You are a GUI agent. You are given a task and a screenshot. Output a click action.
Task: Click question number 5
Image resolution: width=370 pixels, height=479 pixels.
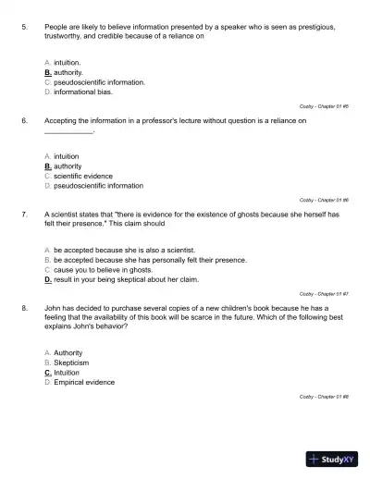click(x=23, y=28)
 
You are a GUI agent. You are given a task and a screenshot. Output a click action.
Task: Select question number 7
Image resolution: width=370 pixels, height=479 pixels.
click(x=23, y=215)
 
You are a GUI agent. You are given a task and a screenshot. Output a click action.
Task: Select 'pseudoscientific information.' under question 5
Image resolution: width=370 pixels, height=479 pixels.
click(x=99, y=81)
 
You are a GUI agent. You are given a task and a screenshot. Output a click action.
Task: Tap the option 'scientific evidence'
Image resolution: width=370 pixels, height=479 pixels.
click(x=83, y=176)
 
